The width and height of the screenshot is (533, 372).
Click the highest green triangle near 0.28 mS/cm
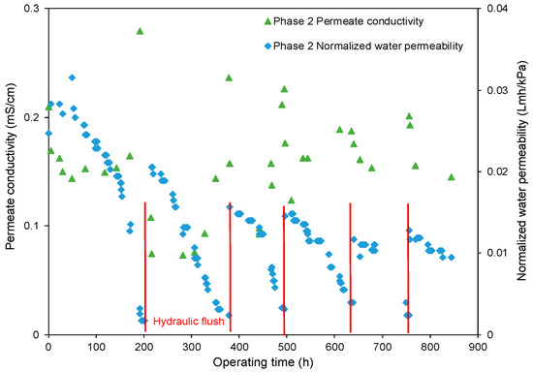[x=140, y=31]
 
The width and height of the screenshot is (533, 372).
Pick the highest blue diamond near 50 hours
[x=72, y=77]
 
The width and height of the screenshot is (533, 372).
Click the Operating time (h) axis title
[x=260, y=361]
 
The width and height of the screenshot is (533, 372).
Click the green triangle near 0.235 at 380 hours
[x=229, y=77]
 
